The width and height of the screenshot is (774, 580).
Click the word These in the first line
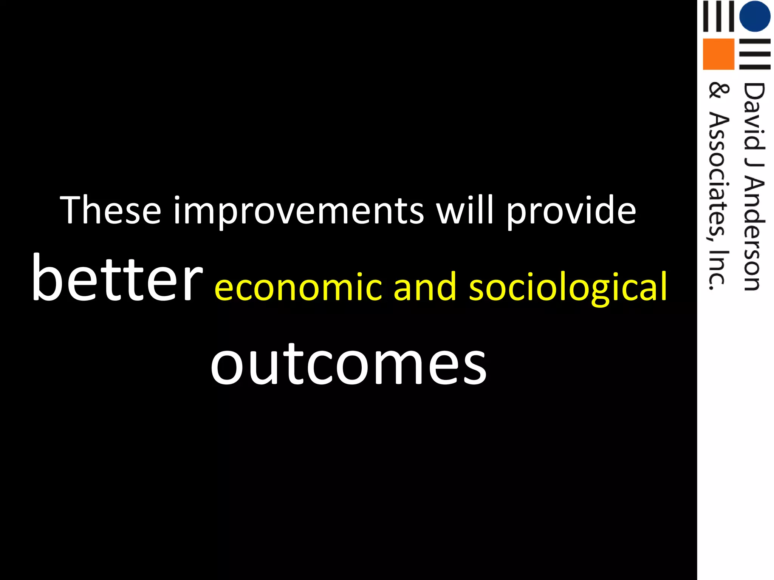point(111,210)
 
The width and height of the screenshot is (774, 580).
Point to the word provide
point(571,211)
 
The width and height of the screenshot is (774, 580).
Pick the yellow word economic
point(298,287)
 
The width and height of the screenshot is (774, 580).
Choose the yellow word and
point(425,287)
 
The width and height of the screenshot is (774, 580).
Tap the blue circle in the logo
point(754,16)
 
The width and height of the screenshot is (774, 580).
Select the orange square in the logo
point(718,54)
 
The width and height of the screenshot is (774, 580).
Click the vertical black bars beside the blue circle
point(718,16)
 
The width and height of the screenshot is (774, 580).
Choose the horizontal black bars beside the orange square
point(754,54)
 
